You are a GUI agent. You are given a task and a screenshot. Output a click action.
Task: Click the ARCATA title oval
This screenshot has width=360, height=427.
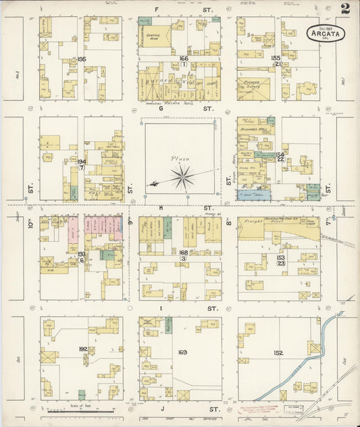pos(326,33)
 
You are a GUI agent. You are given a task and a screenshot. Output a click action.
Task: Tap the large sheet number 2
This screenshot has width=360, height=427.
pos(345,9)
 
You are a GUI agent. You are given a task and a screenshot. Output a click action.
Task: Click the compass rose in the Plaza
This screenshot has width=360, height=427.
pos(182,177)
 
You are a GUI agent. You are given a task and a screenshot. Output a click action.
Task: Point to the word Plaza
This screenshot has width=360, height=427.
pos(180,159)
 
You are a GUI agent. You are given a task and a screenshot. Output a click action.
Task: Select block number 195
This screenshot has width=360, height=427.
pos(82,59)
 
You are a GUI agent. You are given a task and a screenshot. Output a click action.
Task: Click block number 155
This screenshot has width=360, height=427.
pos(276,58)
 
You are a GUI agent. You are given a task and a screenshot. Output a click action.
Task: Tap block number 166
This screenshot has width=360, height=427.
pos(183,59)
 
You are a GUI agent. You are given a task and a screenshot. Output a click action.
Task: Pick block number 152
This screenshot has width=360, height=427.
pos(279,353)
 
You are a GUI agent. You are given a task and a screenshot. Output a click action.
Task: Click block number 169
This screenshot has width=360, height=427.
pos(182,352)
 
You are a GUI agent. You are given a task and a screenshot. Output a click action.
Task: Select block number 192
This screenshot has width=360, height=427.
pos(82,349)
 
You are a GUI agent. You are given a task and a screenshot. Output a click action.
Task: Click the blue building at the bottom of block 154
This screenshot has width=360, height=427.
pos(253,195)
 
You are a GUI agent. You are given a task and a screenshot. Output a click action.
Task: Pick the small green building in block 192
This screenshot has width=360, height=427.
pos(82,395)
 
